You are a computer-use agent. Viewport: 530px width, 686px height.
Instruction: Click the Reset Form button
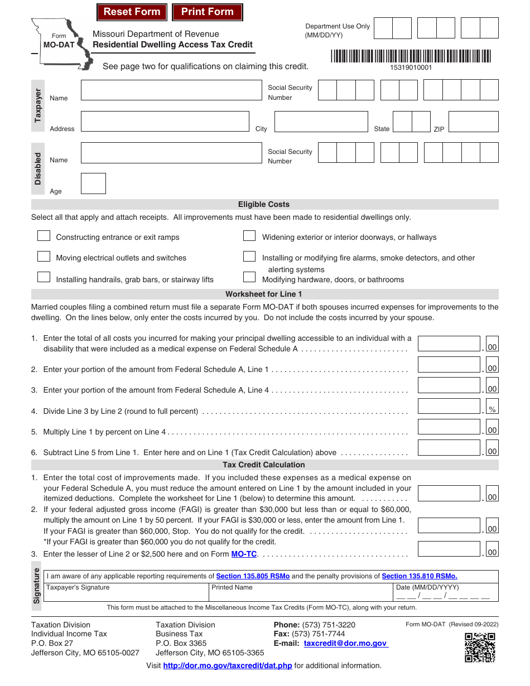coord(132,12)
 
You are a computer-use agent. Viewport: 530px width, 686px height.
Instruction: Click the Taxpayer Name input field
coord(171,90)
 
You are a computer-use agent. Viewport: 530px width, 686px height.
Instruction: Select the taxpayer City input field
coord(321,122)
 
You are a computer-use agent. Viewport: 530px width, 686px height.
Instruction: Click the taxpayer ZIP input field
coord(473,122)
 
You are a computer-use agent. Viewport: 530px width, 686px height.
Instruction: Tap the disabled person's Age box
coord(93,183)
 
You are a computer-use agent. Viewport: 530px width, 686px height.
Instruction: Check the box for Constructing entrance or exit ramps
coord(44,236)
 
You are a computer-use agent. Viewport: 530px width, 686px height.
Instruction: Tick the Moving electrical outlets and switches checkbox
coord(44,257)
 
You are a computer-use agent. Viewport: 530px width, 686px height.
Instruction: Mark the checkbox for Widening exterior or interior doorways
coord(249,236)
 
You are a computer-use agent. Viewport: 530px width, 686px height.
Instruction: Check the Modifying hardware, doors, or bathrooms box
coord(249,277)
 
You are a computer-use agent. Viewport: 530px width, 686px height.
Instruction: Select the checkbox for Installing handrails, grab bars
coord(44,277)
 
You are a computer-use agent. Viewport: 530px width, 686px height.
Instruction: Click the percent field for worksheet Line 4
coord(449,407)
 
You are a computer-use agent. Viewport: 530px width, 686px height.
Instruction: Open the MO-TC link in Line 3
coord(244,554)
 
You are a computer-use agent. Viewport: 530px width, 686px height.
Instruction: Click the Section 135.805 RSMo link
coord(253,576)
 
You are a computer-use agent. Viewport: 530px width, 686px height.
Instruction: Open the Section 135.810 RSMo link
coord(419,576)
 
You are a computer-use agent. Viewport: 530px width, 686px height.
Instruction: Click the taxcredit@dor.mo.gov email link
coord(345,643)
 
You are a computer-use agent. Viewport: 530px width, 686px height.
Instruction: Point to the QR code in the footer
coord(480,648)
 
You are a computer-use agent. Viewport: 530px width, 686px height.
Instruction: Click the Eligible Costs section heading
coord(264,205)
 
